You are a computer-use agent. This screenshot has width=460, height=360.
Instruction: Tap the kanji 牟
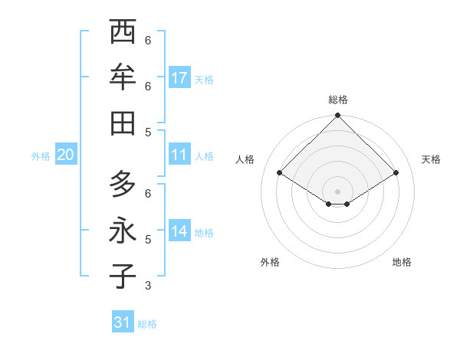[x=123, y=77]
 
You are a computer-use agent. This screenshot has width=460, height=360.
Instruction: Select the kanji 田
[x=123, y=123]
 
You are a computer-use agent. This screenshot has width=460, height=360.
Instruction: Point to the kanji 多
[x=123, y=185]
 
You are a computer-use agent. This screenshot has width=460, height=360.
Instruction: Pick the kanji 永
[x=123, y=231]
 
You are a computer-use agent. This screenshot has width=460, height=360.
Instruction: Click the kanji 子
[x=123, y=277]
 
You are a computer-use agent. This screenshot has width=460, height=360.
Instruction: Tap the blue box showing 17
[x=180, y=78]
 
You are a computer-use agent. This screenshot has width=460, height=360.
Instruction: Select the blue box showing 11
[x=180, y=155]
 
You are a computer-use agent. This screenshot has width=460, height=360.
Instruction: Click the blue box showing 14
[x=180, y=231]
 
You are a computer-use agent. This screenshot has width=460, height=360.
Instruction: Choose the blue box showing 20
[x=65, y=155]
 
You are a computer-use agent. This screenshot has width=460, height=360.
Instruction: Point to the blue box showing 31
[x=123, y=322]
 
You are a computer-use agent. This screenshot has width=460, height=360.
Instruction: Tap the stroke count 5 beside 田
[x=148, y=132]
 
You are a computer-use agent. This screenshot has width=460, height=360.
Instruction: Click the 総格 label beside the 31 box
[x=147, y=324]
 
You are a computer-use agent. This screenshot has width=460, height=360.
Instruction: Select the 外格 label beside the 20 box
[x=41, y=156]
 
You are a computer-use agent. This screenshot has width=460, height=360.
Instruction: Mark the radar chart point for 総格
[x=337, y=116]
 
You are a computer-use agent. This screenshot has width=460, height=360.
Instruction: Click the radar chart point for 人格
[x=280, y=173]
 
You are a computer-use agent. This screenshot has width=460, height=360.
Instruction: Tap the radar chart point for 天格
[x=396, y=173]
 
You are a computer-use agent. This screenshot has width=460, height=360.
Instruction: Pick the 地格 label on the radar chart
[x=402, y=262]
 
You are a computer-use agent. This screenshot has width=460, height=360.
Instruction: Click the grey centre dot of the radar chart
[x=337, y=191]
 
